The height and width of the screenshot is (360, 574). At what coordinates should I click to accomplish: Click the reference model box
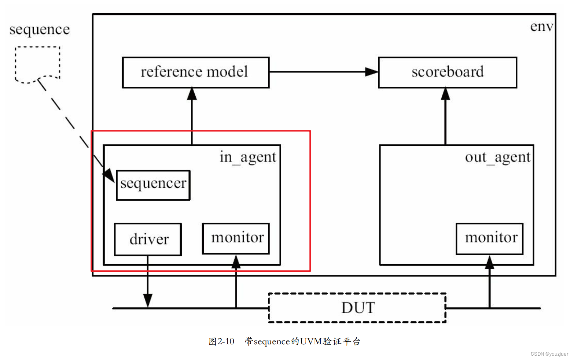click(x=195, y=73)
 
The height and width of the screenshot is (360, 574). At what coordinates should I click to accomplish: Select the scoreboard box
click(x=447, y=73)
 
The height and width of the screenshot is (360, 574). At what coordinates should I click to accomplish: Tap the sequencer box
click(x=153, y=185)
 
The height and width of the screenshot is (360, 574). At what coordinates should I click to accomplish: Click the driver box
click(x=148, y=239)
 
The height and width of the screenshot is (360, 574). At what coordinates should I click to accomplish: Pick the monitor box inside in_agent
click(x=236, y=238)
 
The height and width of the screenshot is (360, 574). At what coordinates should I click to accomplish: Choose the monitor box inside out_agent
click(x=489, y=238)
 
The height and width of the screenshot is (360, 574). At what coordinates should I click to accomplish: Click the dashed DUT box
click(x=357, y=308)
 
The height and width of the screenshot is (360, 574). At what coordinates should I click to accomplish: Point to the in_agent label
click(x=247, y=157)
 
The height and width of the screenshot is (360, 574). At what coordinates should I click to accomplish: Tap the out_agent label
click(x=497, y=157)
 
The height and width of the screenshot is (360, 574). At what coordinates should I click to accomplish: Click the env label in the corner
click(x=541, y=26)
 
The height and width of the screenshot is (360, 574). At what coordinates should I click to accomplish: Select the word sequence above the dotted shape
click(x=40, y=29)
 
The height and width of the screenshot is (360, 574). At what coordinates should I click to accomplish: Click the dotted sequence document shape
click(x=37, y=63)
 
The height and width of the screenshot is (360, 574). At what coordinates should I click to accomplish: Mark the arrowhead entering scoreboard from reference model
click(x=371, y=72)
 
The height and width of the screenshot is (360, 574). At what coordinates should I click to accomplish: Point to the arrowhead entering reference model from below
click(x=192, y=94)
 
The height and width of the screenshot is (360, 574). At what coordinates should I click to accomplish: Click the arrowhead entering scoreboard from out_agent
click(x=445, y=94)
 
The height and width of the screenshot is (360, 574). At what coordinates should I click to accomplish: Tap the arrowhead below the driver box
click(x=148, y=300)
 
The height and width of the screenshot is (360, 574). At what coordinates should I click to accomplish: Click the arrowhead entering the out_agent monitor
click(x=489, y=262)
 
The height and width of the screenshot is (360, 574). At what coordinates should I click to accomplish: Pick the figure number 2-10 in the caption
click(x=226, y=341)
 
